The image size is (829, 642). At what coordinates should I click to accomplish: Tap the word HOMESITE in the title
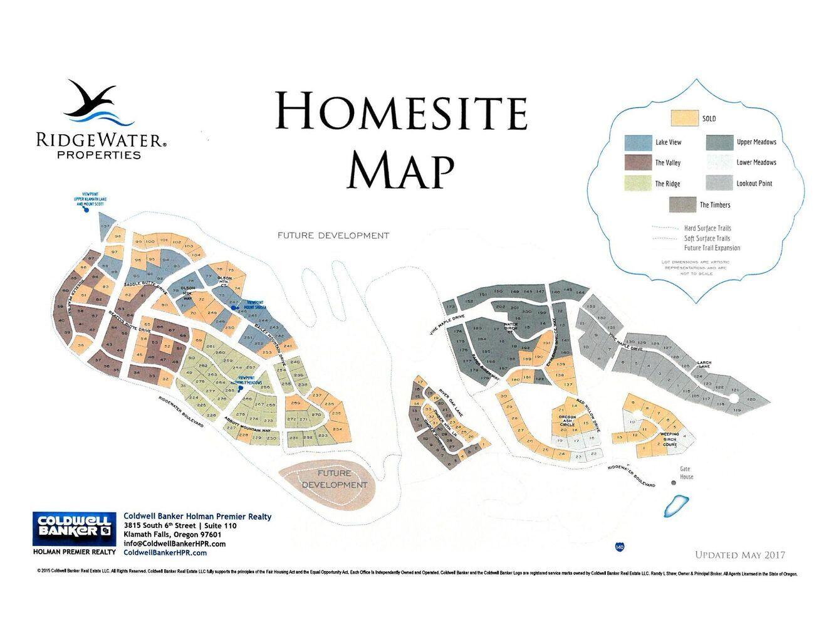pyautogui.click(x=401, y=112)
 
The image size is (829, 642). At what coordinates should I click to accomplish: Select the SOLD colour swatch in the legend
pyautogui.click(x=684, y=118)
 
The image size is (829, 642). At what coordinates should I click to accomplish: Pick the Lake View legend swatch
pyautogui.click(x=638, y=142)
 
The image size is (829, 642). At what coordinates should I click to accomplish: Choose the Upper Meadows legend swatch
pyautogui.click(x=719, y=142)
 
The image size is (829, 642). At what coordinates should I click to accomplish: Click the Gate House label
pyautogui.click(x=686, y=473)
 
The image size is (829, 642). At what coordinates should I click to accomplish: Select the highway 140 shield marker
pyautogui.click(x=620, y=547)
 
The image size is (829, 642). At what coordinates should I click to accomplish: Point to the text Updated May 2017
pyautogui.click(x=739, y=555)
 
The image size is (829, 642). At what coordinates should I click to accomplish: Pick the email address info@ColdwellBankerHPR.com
pyautogui.click(x=175, y=544)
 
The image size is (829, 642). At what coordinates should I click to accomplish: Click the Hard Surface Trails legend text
pyautogui.click(x=707, y=228)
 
